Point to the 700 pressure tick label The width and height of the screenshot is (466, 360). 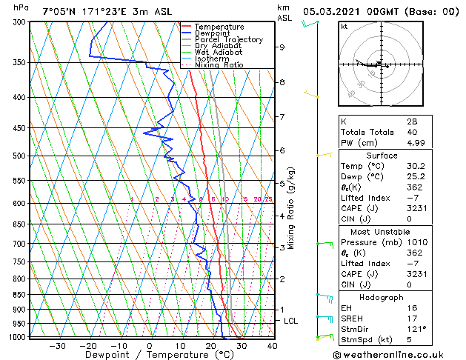point(19,244)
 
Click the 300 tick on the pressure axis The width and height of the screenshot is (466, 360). point(19,22)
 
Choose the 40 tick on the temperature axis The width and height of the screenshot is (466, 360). point(272,345)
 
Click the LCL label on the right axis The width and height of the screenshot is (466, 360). point(290,321)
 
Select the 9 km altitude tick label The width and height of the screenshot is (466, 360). point(282,47)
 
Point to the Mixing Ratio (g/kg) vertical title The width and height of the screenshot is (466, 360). point(292,208)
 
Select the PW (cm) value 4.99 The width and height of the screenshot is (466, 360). point(413,143)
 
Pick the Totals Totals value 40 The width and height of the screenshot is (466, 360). point(409,132)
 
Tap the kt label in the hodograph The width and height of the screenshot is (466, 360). point(344,27)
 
